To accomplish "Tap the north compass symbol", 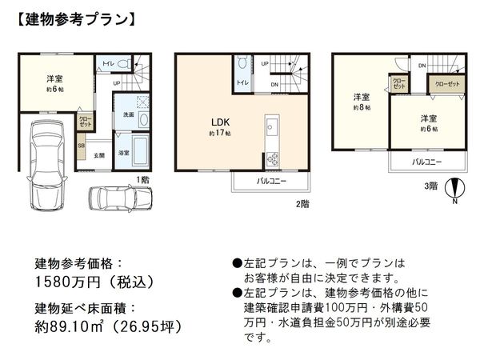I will coord(454,188).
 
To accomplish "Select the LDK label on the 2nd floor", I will coord(221,122).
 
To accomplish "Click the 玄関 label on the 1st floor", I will coord(100,154).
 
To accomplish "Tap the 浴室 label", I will coord(124,151).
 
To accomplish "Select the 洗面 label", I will coord(128,115).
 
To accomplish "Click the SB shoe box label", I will coord(82,146).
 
